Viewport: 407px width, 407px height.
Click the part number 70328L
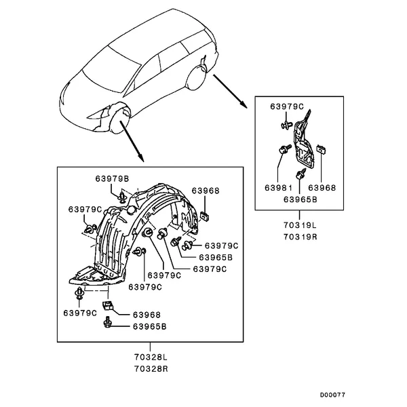(x=151, y=357)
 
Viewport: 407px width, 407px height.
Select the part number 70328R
(x=151, y=369)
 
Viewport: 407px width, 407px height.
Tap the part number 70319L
(x=300, y=225)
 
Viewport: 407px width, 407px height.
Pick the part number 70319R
(x=301, y=237)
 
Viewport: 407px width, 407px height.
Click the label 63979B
(x=112, y=179)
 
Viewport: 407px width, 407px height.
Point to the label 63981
(x=279, y=188)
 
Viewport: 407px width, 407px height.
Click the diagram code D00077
(x=332, y=395)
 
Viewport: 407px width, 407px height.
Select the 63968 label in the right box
(x=322, y=188)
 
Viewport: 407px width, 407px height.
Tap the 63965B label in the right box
(x=301, y=199)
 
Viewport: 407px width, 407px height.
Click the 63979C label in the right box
(x=287, y=106)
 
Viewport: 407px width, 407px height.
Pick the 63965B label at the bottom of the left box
(x=149, y=326)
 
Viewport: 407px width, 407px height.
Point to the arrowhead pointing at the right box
(x=244, y=104)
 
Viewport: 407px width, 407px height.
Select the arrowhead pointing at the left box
(x=140, y=158)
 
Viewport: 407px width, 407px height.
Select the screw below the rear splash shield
(x=301, y=174)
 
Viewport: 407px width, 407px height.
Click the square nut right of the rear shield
(x=322, y=149)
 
